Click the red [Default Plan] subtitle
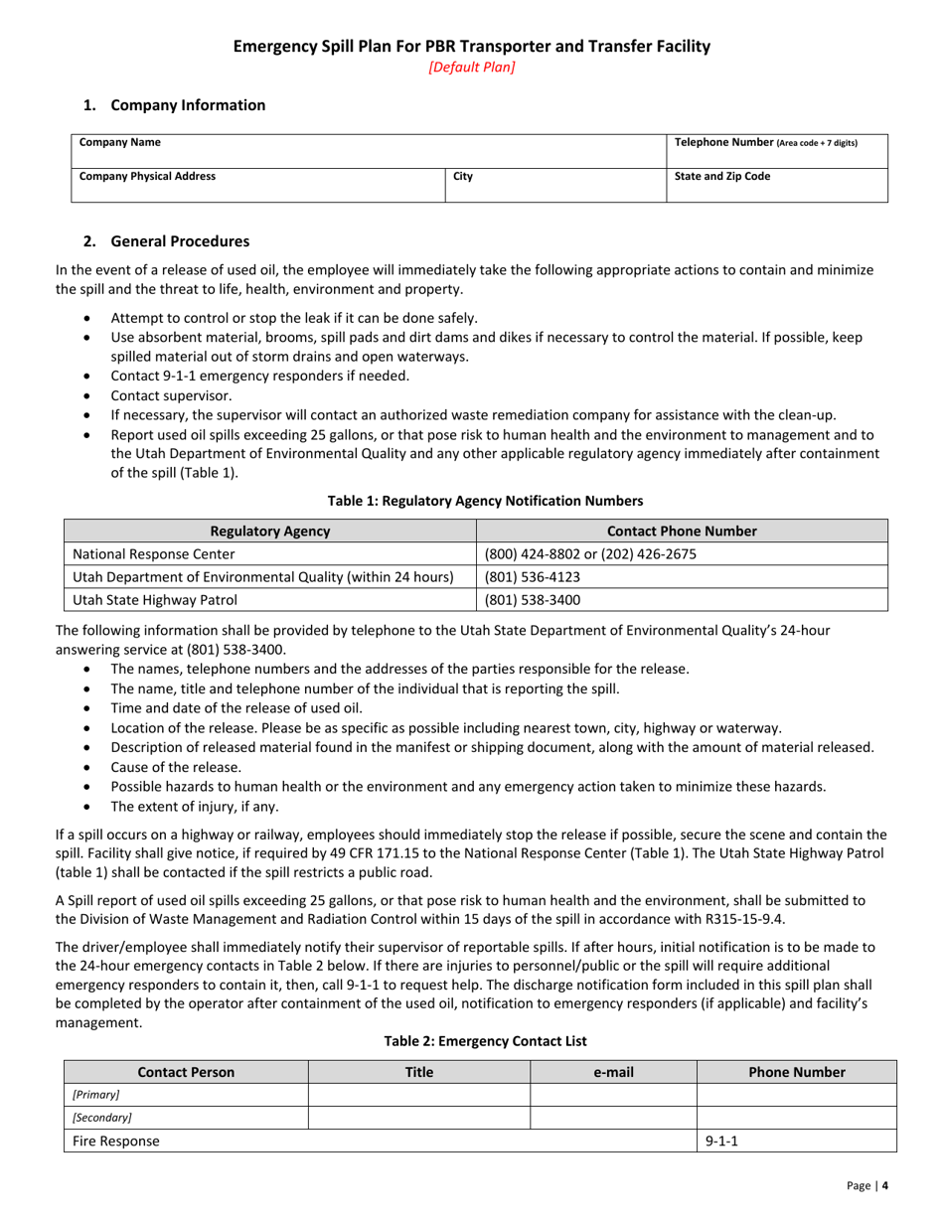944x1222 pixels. tap(471, 68)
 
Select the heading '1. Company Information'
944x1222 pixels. tap(174, 105)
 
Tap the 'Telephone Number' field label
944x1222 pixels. tap(765, 142)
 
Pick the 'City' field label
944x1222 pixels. tap(462, 177)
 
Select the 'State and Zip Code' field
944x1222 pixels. tap(722, 177)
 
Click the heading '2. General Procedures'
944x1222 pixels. tap(166, 241)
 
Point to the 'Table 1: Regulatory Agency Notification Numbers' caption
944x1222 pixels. tap(471, 501)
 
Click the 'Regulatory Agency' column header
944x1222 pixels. tap(270, 532)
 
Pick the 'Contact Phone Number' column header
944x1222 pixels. tap(682, 532)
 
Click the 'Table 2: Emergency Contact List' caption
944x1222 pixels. tap(471, 1041)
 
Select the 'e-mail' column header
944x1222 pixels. tap(613, 1072)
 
